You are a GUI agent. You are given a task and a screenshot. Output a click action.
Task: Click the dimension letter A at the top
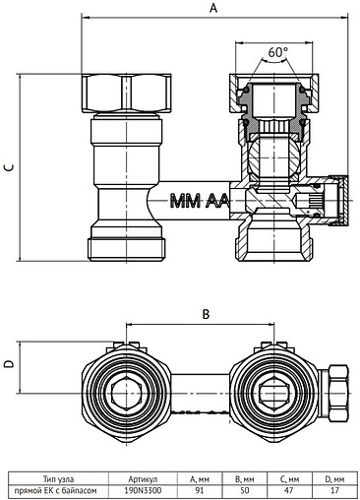[x=213, y=8]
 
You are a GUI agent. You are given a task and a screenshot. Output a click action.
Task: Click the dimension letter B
[x=206, y=314]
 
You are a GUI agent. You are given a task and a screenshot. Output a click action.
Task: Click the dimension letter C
[x=10, y=167]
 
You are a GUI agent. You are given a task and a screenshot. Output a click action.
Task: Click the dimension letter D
[x=10, y=364]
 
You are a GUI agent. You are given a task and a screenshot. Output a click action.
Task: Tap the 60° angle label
[x=278, y=52]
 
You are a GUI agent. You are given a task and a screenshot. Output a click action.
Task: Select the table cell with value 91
[x=200, y=491]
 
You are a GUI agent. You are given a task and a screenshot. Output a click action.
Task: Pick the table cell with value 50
[x=245, y=491]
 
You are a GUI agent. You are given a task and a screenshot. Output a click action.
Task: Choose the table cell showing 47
[x=290, y=491]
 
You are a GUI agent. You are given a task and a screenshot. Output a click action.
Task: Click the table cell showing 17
[x=334, y=491]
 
